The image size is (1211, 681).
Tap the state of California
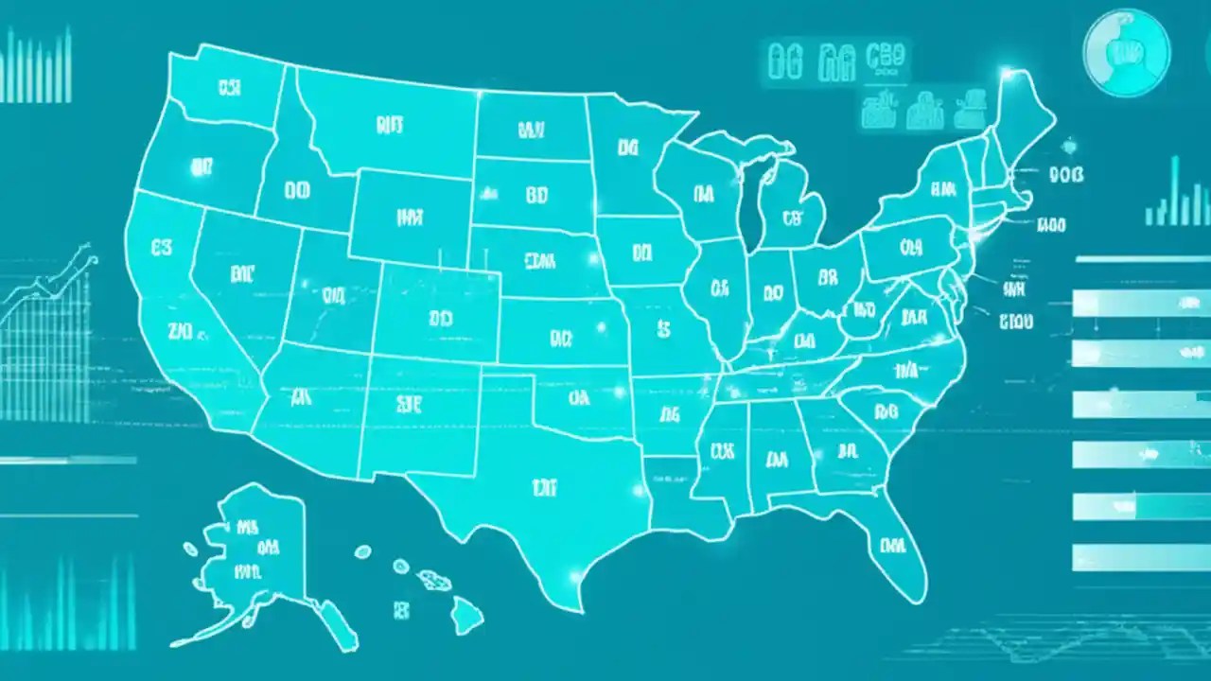click(180, 312)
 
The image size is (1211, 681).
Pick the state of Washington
click(227, 90)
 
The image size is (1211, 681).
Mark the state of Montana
click(388, 123)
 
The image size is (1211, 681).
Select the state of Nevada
click(241, 279)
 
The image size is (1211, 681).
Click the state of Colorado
click(440, 317)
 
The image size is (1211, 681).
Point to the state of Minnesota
click(629, 151)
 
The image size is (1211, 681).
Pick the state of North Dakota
click(530, 128)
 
